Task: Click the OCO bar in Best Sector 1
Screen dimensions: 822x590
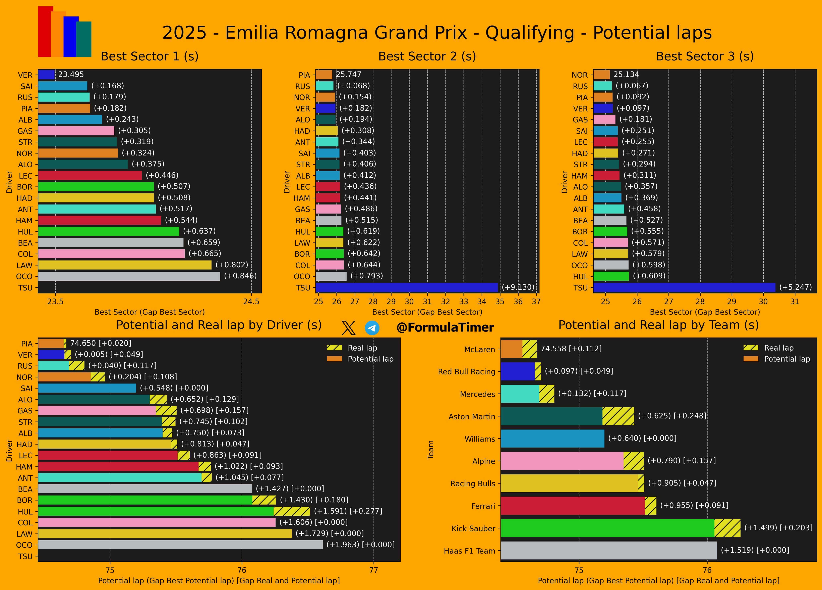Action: [129, 276]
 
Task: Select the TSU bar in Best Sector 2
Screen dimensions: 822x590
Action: [407, 287]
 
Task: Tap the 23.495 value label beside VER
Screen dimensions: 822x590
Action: [71, 74]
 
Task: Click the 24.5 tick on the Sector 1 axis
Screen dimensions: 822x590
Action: [251, 302]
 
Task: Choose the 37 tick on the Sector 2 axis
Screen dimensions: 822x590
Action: [536, 302]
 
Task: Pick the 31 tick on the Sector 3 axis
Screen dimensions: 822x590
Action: [795, 302]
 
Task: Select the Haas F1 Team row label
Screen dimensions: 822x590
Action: [469, 551]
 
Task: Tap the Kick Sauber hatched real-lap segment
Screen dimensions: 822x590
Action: [727, 528]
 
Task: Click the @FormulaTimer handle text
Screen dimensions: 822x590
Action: [445, 328]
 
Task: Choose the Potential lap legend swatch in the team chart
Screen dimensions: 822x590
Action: [751, 359]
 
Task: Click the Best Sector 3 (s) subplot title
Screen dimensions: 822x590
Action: [705, 56]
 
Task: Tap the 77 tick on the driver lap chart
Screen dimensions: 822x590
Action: [374, 570]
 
